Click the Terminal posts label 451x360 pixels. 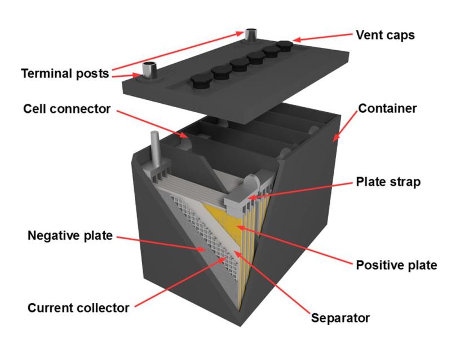pos(65,74)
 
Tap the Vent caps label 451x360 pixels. pos(385,35)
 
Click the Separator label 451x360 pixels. pos(341,318)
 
